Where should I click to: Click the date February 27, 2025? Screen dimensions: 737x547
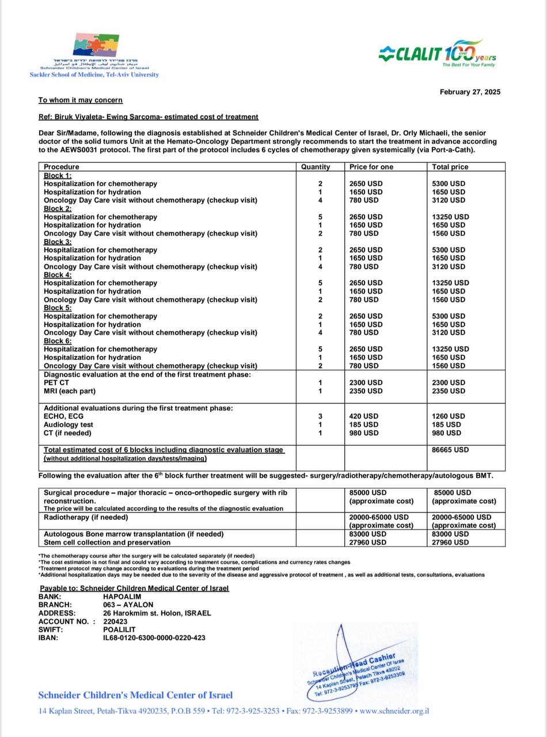pos(470,92)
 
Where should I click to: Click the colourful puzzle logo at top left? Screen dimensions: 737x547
pos(96,45)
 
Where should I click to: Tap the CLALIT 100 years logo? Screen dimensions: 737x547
pos(437,54)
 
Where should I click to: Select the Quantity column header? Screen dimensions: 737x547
pos(316,167)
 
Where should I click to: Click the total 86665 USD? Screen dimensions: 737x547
pos(450,450)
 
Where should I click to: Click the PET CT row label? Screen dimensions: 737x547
pos(56,382)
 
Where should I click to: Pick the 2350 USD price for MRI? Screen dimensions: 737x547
pos(366,391)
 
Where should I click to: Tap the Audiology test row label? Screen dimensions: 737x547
pos(69,424)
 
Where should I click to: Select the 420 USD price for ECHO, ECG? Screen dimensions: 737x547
pos(364,416)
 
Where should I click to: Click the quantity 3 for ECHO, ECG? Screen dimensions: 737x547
pos(320,416)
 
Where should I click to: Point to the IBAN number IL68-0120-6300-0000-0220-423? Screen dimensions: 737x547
pos(154,638)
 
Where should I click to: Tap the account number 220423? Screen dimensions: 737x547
pos(115,621)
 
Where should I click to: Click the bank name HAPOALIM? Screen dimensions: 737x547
pos(122,597)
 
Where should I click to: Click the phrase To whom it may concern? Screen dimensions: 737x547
pos(80,100)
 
